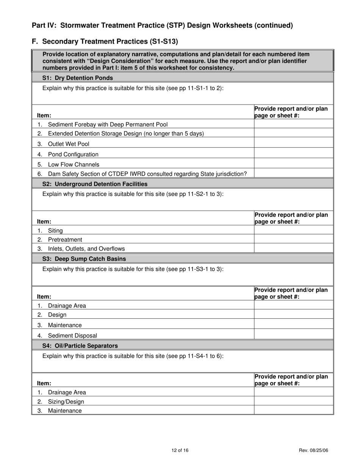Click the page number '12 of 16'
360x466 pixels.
click(180, 450)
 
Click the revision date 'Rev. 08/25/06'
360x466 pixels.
click(313, 450)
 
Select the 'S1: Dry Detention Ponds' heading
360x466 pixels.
click(77, 78)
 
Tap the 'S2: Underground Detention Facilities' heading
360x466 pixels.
click(95, 184)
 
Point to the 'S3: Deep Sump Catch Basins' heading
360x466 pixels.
click(84, 259)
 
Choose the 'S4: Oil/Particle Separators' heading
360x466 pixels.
click(80, 346)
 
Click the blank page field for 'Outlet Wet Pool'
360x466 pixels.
click(293, 144)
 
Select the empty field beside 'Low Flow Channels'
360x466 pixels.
click(293, 164)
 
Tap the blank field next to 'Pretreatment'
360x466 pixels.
click(293, 239)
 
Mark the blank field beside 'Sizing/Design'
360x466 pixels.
click(293, 401)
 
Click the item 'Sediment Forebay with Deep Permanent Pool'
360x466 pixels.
click(108, 125)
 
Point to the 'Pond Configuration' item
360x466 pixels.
click(73, 155)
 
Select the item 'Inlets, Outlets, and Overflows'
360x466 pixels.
click(86, 249)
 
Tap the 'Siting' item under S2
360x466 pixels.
click(55, 231)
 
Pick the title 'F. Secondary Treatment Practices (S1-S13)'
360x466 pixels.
click(105, 41)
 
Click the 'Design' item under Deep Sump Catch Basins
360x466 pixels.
click(57, 315)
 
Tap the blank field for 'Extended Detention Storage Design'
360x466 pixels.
click(293, 133)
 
